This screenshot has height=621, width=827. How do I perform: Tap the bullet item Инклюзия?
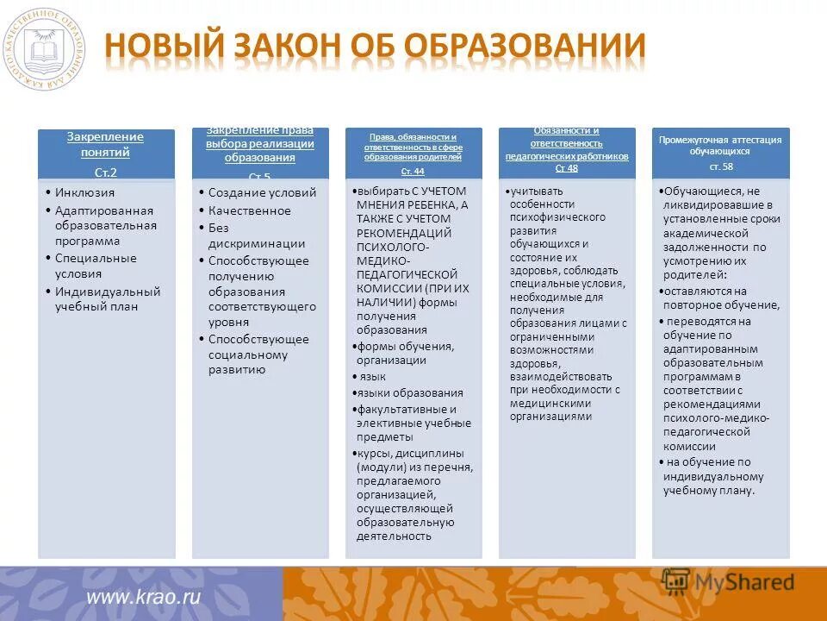pyautogui.click(x=84, y=193)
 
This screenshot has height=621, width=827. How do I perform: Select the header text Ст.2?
pyautogui.click(x=106, y=172)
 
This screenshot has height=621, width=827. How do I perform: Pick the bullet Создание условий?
pyautogui.click(x=262, y=193)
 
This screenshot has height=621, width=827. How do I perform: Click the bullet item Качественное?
pyautogui.click(x=250, y=210)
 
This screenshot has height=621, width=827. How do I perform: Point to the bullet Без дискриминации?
pyautogui.click(x=257, y=235)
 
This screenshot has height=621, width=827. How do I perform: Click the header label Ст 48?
pyautogui.click(x=566, y=168)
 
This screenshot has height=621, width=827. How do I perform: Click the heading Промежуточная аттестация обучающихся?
pyautogui.click(x=720, y=145)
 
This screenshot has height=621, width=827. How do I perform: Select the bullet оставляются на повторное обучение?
pyautogui.click(x=721, y=298)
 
